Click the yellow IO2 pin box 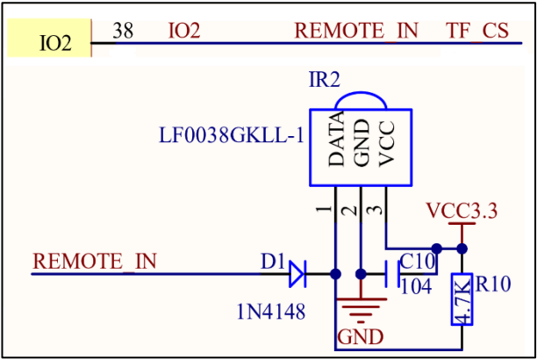(x=49, y=38)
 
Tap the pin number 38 (x=123, y=31)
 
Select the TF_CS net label (x=477, y=31)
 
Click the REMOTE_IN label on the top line (x=356, y=31)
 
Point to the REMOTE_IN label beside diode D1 (x=95, y=262)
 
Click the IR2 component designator (x=325, y=80)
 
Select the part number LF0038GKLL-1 (x=232, y=134)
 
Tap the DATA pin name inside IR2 (x=336, y=139)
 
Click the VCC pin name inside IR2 (x=387, y=144)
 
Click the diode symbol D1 (x=297, y=274)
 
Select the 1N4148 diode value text (x=271, y=312)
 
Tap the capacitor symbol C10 (x=392, y=274)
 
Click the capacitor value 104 (x=416, y=286)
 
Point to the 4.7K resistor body (x=462, y=299)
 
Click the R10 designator (x=493, y=284)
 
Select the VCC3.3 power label (x=462, y=210)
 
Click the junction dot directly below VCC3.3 (x=462, y=248)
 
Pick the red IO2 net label (x=184, y=31)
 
